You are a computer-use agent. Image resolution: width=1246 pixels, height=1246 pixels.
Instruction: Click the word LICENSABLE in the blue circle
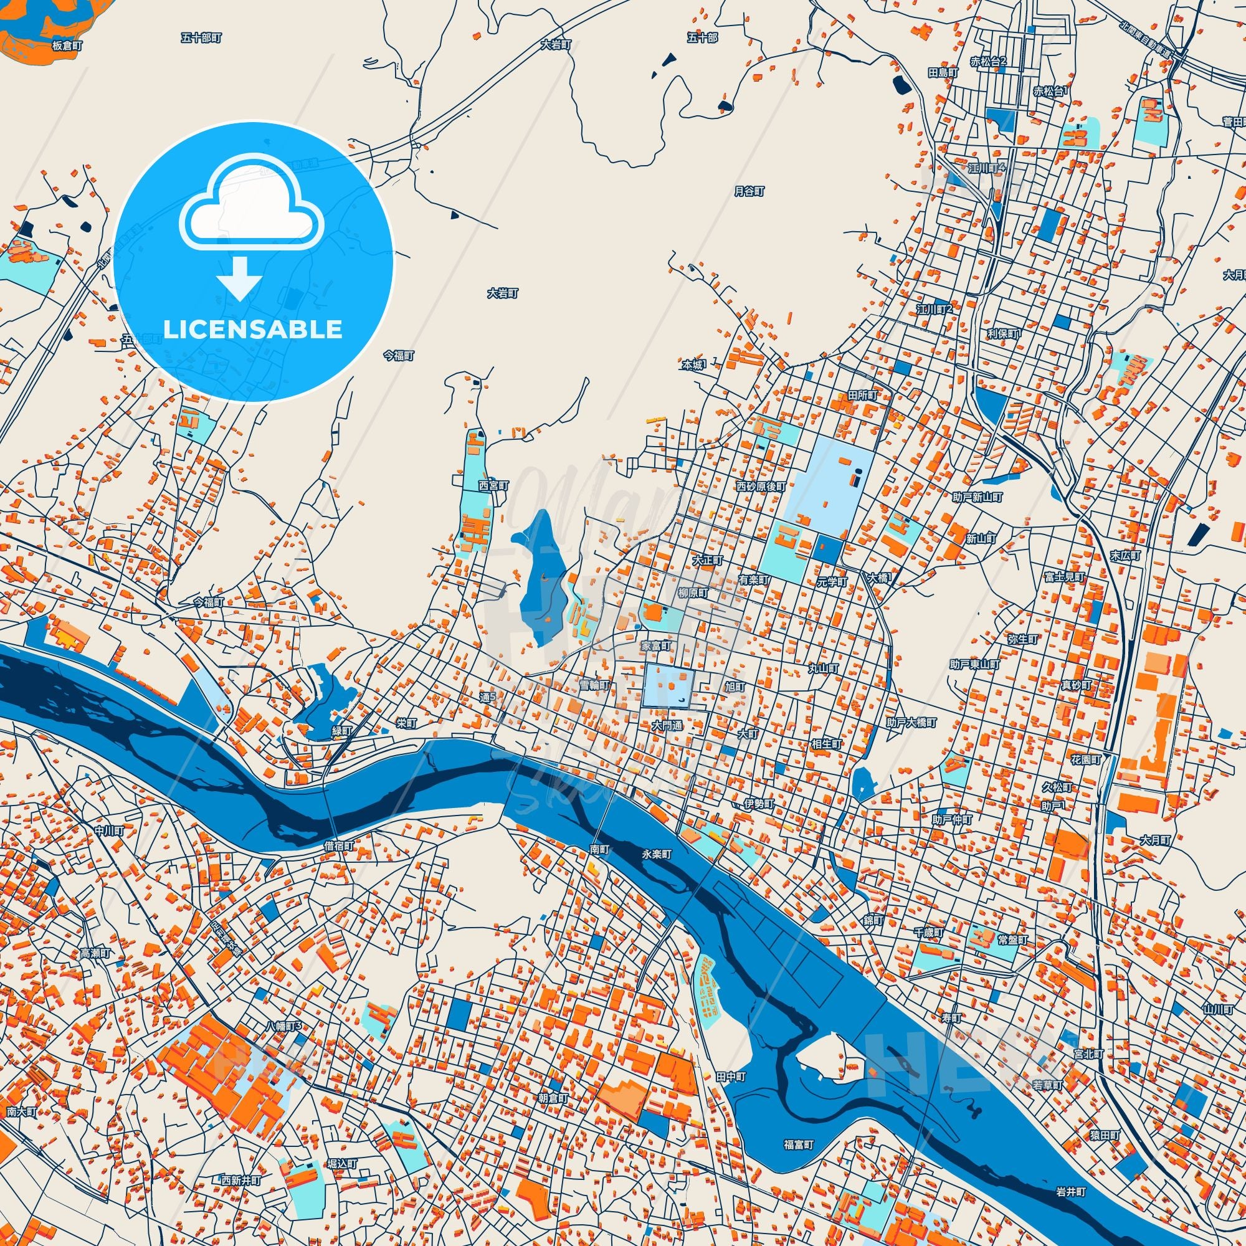[x=252, y=330]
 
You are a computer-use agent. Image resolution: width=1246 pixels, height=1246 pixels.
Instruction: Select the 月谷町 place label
[x=749, y=191]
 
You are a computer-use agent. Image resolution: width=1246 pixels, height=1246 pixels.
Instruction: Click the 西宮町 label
[x=493, y=484]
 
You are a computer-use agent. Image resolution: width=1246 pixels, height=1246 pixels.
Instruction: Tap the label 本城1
[x=694, y=364]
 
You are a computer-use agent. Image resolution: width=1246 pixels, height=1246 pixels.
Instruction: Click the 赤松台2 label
[x=989, y=62]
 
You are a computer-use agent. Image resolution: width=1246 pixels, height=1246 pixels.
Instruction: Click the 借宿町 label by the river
[x=340, y=845]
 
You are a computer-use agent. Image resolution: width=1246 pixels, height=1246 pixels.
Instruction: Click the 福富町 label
[x=799, y=1144]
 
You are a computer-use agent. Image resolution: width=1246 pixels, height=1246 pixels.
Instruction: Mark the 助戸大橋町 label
[x=911, y=723]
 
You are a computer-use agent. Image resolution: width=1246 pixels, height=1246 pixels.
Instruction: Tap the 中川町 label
[x=108, y=830]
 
